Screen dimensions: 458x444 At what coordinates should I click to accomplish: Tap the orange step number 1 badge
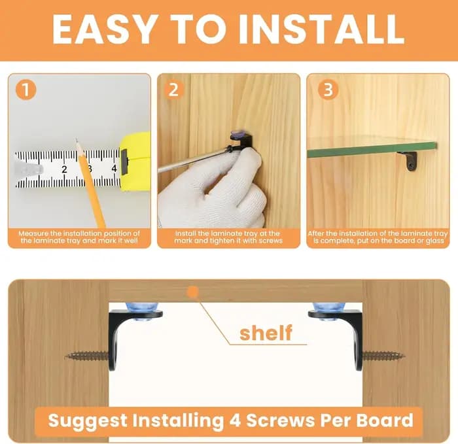[26, 90]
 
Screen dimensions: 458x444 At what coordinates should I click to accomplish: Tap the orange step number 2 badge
[174, 90]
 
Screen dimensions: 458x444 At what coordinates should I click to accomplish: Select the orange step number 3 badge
[328, 90]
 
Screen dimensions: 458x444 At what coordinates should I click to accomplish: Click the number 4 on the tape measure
[114, 169]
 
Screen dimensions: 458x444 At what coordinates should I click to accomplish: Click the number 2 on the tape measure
[64, 169]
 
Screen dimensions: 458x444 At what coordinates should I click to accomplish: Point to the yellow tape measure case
[135, 162]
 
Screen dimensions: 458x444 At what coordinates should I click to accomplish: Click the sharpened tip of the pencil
[77, 140]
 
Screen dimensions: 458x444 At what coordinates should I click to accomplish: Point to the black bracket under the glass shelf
[409, 161]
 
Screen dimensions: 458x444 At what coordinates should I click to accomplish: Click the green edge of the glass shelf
[372, 150]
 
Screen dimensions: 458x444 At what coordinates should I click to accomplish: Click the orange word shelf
[266, 333]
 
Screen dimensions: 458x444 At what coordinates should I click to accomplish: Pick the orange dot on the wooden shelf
[193, 292]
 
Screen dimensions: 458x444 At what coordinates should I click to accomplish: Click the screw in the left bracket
[87, 356]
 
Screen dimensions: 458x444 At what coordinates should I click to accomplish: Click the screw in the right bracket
[383, 356]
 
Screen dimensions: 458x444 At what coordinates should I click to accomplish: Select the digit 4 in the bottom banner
[235, 420]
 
